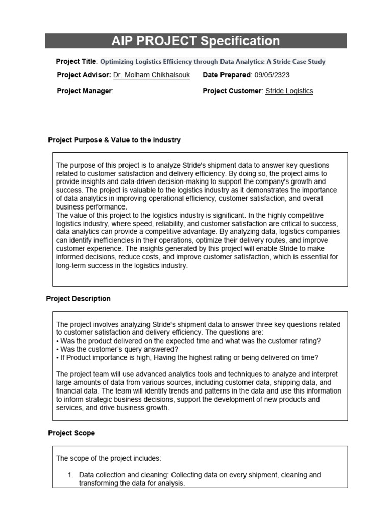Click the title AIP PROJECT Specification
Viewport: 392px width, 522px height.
click(x=195, y=41)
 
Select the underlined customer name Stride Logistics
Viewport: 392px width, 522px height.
click(x=289, y=91)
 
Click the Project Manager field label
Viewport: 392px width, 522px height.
click(x=84, y=91)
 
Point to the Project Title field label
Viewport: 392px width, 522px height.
click(x=76, y=62)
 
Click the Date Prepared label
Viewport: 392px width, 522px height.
click(x=227, y=75)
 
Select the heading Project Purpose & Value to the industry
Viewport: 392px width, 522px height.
click(x=114, y=140)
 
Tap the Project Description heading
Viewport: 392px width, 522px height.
click(x=79, y=298)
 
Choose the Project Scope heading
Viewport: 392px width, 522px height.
click(x=71, y=433)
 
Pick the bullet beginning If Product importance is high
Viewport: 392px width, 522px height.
click(x=189, y=357)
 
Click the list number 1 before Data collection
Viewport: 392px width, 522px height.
click(x=71, y=475)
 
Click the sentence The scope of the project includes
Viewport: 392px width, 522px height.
click(x=109, y=458)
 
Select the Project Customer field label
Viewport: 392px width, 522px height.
click(x=232, y=91)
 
